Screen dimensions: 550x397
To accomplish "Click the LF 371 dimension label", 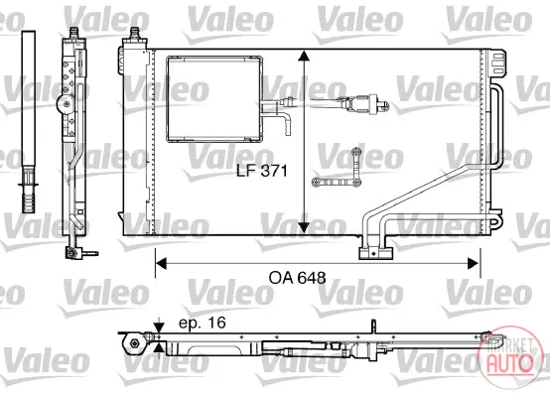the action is click(262, 171).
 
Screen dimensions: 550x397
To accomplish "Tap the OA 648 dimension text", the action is click(297, 278).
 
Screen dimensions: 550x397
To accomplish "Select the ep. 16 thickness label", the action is click(203, 323).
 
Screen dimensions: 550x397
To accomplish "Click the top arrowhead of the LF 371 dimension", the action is click(304, 57).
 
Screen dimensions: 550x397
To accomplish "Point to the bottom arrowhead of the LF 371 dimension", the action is click(304, 227).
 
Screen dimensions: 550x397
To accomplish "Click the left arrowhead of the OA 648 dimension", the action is click(161, 263).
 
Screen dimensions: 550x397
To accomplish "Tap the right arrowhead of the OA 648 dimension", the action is click(474, 263).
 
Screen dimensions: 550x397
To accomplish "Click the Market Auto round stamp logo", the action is click(508, 357).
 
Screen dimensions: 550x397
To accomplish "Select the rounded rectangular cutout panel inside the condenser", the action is click(214, 99).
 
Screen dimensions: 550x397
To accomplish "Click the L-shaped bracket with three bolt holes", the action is click(337, 169).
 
